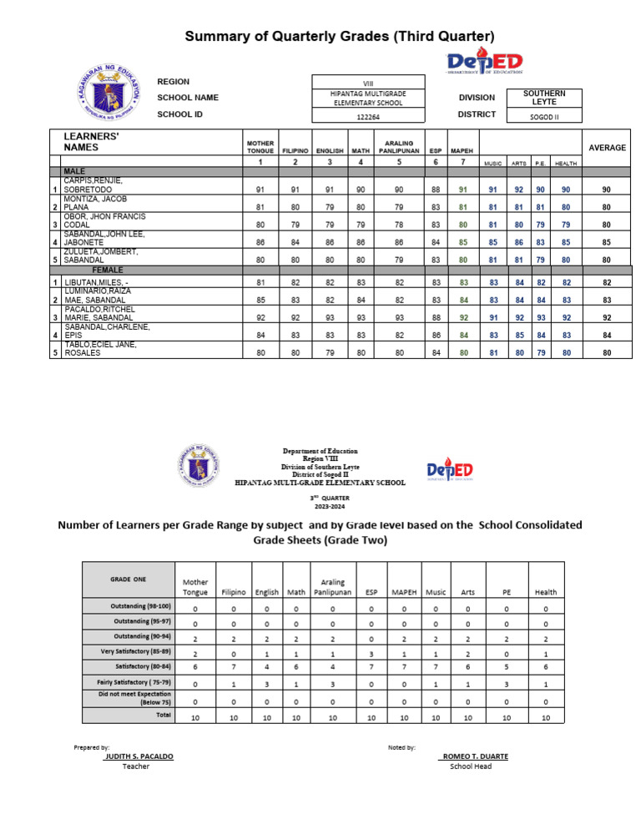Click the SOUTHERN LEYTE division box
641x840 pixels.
click(544, 97)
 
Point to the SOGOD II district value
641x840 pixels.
click(544, 117)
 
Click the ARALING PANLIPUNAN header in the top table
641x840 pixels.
click(400, 147)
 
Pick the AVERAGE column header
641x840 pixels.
click(607, 147)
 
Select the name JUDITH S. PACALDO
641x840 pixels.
click(139, 756)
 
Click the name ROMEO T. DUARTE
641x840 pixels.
click(473, 756)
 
